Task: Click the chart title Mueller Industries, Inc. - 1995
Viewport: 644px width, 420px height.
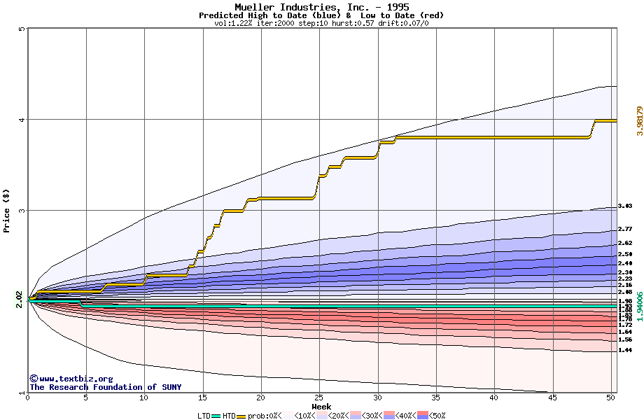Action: click(321, 7)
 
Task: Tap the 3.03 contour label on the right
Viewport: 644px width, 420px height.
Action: click(625, 206)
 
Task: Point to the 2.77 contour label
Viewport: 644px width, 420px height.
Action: click(625, 229)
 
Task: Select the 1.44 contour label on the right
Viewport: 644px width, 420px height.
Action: click(625, 350)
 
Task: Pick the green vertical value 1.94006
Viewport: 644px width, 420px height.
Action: click(638, 307)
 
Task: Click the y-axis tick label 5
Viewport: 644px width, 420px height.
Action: click(22, 29)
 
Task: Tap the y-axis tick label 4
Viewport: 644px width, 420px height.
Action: click(22, 119)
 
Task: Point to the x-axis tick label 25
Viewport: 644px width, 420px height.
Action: click(319, 398)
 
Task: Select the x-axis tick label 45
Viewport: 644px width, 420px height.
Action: click(553, 398)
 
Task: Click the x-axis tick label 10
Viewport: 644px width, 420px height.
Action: click(144, 398)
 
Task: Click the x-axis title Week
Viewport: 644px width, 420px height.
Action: click(321, 406)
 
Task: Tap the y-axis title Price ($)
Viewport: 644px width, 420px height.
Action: click(7, 210)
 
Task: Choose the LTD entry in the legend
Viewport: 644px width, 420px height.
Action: click(204, 416)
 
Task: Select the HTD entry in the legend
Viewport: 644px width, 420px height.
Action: click(229, 416)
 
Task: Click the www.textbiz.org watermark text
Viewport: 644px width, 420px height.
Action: click(71, 379)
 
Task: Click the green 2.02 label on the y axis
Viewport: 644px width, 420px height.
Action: click(19, 300)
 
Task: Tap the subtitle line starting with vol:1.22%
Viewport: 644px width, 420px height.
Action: click(321, 23)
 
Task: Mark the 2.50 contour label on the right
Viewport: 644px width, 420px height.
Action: click(625, 254)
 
